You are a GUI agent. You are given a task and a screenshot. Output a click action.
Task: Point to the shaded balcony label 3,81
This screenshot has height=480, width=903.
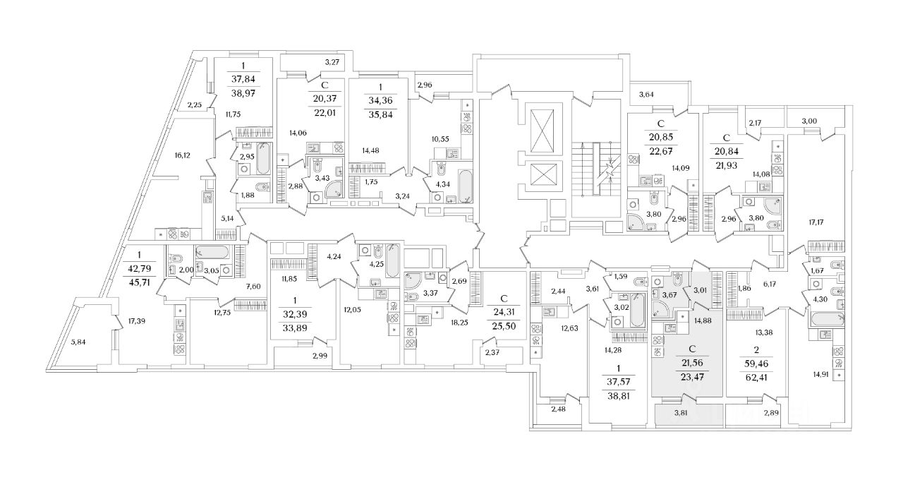(x=681, y=412)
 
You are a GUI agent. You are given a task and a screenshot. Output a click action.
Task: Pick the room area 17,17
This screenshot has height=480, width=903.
(x=816, y=221)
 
